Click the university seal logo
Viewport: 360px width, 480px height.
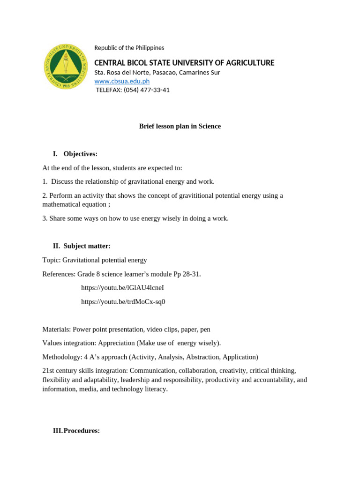66,67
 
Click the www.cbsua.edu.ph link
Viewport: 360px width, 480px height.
122,81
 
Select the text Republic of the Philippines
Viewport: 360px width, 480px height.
129,48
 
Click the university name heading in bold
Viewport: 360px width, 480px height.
184,63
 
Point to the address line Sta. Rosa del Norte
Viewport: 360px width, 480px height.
157,72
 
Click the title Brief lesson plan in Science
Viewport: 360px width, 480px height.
180,126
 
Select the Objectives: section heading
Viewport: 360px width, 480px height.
80,154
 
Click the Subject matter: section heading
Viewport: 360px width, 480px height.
87,246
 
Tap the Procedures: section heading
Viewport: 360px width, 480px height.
82,431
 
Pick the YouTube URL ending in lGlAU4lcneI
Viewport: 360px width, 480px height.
122,288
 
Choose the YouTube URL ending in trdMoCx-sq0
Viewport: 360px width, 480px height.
123,302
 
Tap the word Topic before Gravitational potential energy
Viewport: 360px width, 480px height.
51,260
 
